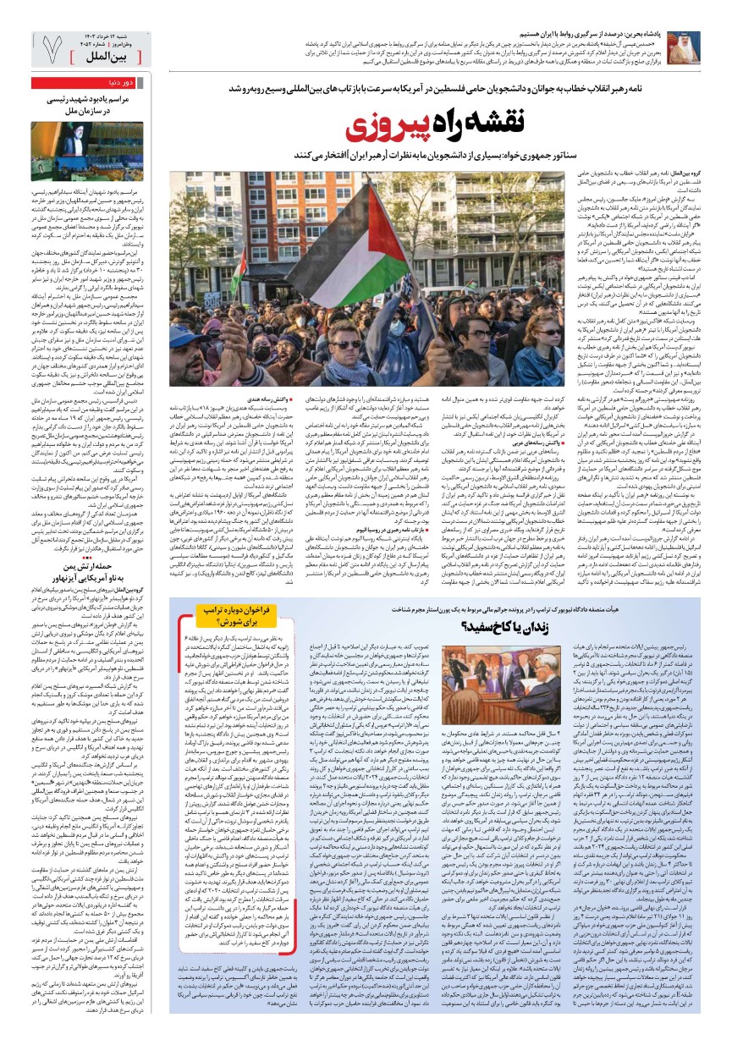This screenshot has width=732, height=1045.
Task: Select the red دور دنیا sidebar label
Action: (x=118, y=83)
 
